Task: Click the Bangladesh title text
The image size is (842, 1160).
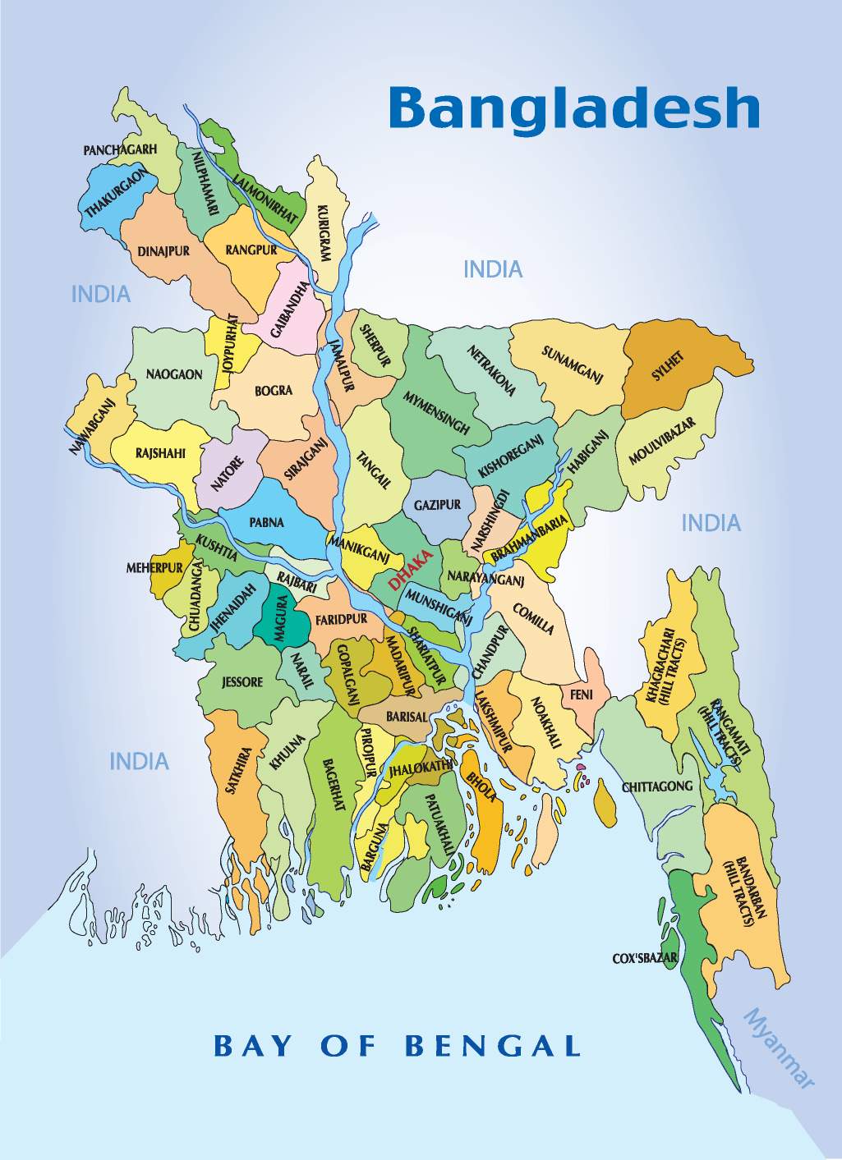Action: point(573,108)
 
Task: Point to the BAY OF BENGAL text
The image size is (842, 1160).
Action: point(397,1046)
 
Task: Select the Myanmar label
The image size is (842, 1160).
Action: point(778,1048)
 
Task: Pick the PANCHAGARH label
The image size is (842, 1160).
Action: point(120,150)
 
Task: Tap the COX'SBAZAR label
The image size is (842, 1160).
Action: point(645,958)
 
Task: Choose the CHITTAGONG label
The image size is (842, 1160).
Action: point(657,786)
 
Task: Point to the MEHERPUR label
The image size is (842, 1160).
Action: point(154,568)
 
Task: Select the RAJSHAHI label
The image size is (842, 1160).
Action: point(160,453)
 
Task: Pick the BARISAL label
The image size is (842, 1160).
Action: point(407,717)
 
